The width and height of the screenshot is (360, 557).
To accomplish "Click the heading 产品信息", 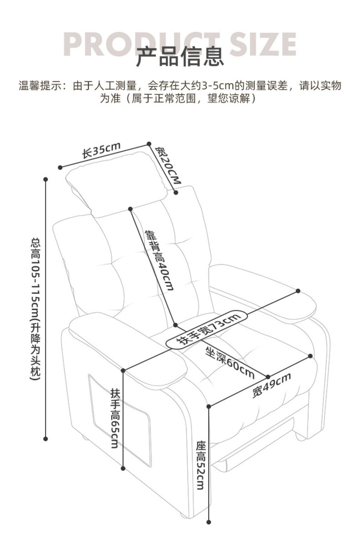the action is click(180, 57).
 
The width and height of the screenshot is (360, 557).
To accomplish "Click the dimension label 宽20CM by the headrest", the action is click(168, 166).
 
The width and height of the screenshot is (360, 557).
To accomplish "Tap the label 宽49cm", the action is click(271, 385).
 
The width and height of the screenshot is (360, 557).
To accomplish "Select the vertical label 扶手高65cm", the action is click(115, 418).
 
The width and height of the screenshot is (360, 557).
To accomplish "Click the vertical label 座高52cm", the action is click(201, 465).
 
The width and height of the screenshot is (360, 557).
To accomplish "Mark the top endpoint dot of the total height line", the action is click(46, 179).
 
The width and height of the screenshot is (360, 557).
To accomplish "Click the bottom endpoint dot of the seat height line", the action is click(209, 522).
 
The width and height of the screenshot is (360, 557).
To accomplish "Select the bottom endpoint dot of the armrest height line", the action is click(123, 468).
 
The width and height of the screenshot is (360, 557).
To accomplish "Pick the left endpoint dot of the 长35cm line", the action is click(60, 167).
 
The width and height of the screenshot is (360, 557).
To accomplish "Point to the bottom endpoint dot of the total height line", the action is click(46, 439).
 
